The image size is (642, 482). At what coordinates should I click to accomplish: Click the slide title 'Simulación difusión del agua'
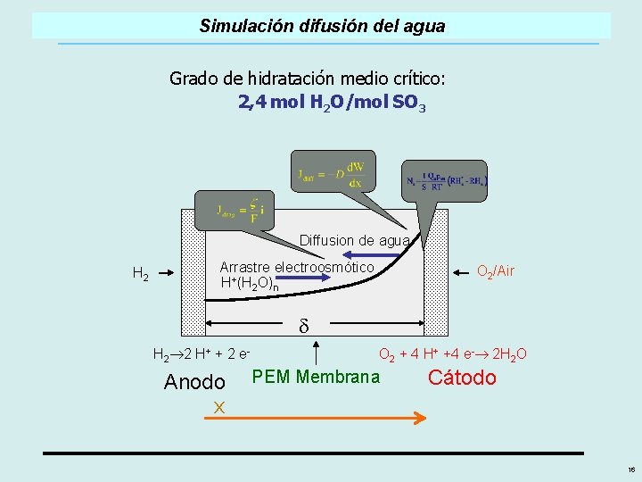tap(322, 26)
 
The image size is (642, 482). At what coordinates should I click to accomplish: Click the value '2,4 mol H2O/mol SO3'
tap(332, 103)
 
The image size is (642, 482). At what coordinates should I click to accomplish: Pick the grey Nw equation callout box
tap(443, 180)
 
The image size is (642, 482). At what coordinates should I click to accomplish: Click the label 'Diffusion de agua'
tap(354, 240)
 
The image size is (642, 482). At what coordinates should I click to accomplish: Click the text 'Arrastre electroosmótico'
tap(297, 267)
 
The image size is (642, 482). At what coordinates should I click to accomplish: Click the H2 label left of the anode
tap(140, 273)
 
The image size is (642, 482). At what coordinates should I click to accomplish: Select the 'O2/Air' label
tap(496, 270)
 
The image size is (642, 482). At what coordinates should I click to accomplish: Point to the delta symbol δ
tap(303, 325)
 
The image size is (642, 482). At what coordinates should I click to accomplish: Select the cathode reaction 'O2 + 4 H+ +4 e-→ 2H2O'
tap(452, 354)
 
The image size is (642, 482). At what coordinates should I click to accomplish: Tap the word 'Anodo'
tap(194, 382)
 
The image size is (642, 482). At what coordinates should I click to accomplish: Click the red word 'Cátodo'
tap(462, 378)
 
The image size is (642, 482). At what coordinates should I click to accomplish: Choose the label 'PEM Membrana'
tap(316, 376)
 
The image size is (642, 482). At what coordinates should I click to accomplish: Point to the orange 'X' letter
tap(217, 407)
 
